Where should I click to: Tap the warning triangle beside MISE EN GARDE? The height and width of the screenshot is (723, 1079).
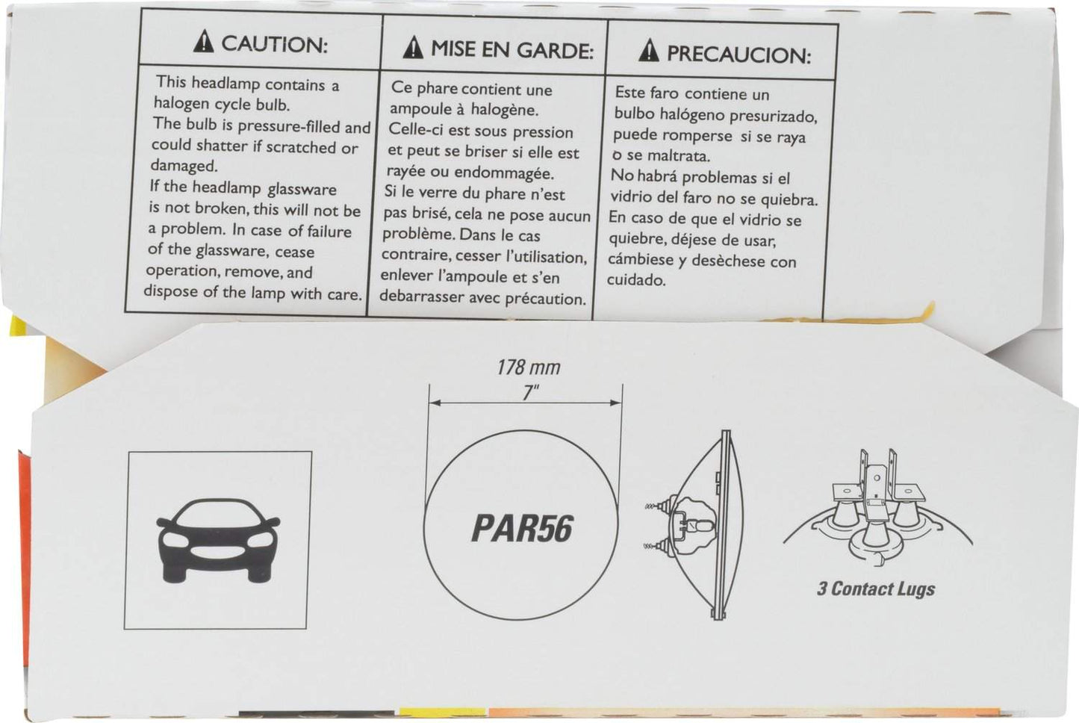click(413, 47)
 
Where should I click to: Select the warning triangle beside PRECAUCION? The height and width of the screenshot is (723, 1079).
click(649, 50)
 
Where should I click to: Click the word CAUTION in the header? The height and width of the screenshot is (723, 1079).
click(274, 44)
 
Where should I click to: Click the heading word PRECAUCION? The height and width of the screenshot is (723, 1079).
click(739, 55)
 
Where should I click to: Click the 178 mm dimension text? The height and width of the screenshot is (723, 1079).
click(529, 367)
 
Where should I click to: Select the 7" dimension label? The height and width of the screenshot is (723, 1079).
click(530, 393)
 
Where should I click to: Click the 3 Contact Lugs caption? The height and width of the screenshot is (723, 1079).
click(876, 589)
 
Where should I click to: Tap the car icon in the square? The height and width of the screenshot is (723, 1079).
click(219, 540)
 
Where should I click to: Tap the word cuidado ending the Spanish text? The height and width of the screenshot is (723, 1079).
click(636, 280)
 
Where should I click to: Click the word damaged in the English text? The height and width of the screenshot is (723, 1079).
click(184, 166)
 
